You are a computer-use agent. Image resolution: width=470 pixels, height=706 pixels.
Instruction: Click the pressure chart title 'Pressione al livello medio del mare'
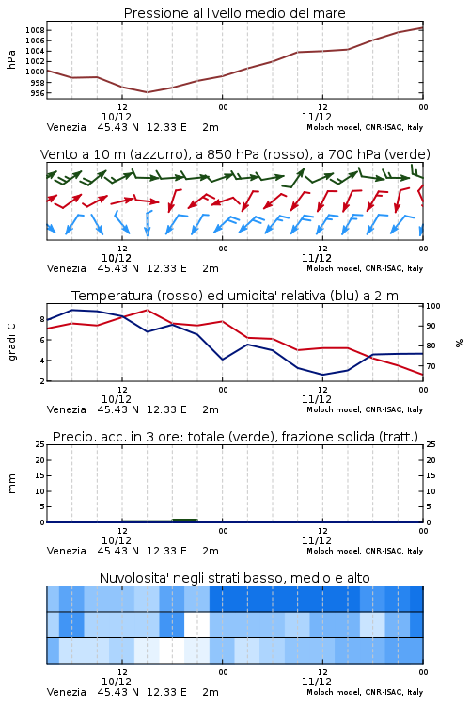point(234,13)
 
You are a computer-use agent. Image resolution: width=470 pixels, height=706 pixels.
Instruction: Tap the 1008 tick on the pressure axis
point(35,30)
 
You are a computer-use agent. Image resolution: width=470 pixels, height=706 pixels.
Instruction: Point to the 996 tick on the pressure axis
point(38,93)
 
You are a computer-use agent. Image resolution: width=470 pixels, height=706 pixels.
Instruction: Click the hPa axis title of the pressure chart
point(11,59)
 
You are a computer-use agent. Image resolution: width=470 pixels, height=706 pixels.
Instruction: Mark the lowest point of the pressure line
point(147,92)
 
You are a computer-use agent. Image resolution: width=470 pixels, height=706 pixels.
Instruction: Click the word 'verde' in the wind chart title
point(405,154)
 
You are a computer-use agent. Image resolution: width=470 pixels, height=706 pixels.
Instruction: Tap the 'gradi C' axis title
point(11,342)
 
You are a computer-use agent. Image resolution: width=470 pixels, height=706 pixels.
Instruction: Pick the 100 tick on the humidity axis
point(433,306)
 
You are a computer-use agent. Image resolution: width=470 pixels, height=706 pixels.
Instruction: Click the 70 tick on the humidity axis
point(431,366)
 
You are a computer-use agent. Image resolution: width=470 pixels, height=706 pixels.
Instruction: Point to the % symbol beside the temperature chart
point(460,343)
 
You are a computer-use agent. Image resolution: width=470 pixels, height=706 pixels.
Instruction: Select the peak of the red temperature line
point(147,311)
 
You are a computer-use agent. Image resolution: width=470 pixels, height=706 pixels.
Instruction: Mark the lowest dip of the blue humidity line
point(322,375)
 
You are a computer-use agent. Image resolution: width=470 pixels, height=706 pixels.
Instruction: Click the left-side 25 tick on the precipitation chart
point(39,444)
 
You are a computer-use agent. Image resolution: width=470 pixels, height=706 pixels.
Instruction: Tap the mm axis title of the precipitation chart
point(11,484)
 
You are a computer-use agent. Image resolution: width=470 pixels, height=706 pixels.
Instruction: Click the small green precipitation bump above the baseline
point(185,520)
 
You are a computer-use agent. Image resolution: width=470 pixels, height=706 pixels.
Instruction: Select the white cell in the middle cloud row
point(197,624)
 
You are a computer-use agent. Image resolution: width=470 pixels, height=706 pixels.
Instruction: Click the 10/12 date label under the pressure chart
point(117,117)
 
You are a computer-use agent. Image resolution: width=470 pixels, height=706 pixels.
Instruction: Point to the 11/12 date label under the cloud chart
point(317,682)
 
